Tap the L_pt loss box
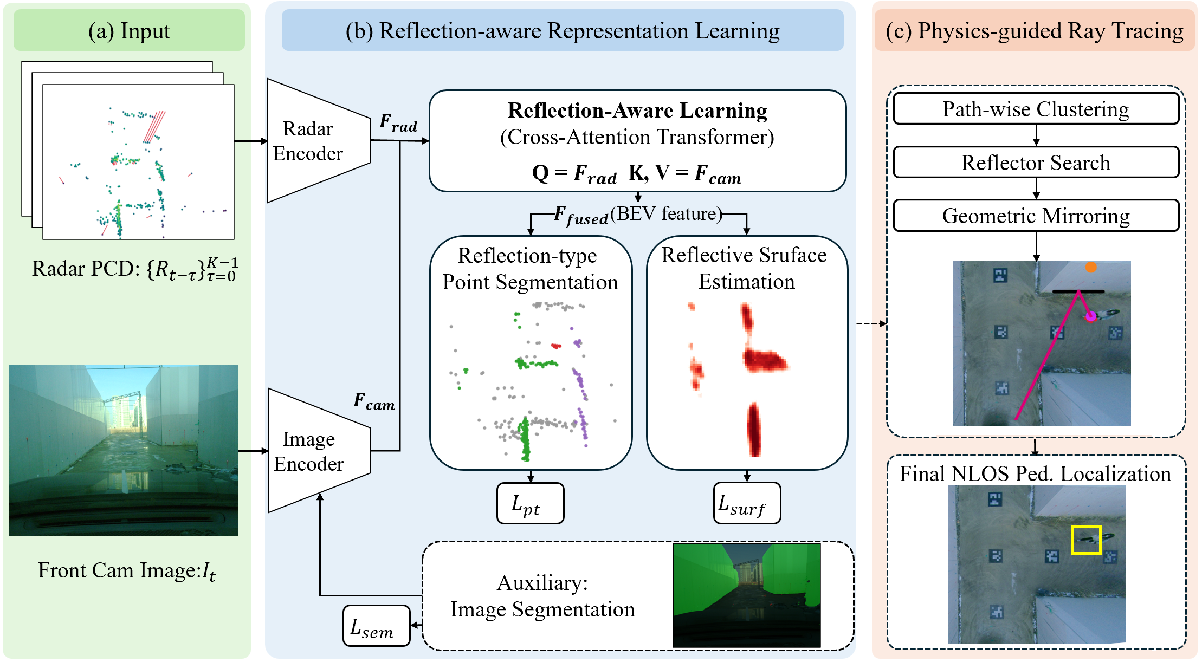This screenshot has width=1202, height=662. [x=530, y=504]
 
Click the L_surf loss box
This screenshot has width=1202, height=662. [x=747, y=504]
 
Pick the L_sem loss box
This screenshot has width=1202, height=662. [x=376, y=626]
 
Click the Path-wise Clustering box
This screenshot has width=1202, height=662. [x=1035, y=109]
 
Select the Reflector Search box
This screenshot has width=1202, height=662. [x=1035, y=162]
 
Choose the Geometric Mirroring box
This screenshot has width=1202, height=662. [x=1035, y=216]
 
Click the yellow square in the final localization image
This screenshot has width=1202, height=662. [x=1086, y=540]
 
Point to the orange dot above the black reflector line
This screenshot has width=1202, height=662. [x=1091, y=268]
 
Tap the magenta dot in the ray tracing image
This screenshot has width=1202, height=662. [x=1091, y=316]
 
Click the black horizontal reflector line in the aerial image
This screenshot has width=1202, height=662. [x=1078, y=291]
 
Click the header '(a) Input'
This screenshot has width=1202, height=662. [x=129, y=31]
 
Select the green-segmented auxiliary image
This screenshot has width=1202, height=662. [x=746, y=595]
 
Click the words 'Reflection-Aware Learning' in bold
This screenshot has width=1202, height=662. [x=637, y=111]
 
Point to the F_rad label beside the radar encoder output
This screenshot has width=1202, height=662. [x=398, y=122]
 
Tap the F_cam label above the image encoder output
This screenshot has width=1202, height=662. [x=374, y=401]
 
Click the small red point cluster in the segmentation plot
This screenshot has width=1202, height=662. [x=556, y=346]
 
